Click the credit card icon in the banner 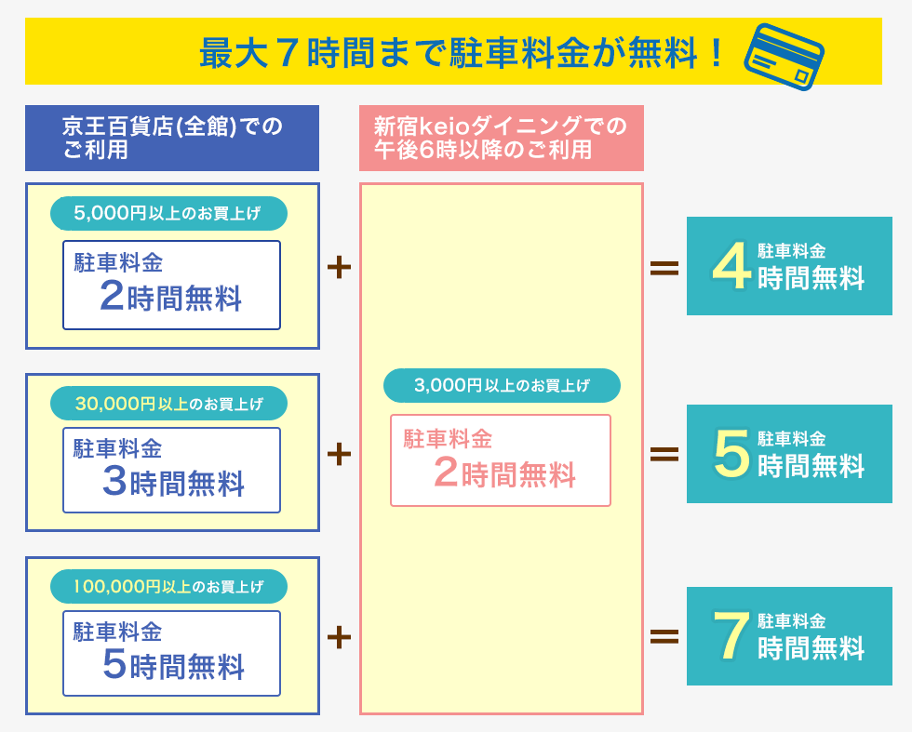784,57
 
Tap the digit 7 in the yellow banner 288,53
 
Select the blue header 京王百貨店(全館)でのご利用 172,138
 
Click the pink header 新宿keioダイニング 502,138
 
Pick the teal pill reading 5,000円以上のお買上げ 168,213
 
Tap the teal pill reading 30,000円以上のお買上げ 168,404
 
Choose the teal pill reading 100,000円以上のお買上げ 168,586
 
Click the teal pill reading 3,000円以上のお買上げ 502,385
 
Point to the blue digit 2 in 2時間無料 112,296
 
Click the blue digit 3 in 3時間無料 114,481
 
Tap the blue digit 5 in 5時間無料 114,664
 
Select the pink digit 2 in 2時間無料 446,472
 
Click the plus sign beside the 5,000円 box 339,268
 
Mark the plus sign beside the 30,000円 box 339,454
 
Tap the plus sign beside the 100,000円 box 339,637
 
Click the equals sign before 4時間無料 664,268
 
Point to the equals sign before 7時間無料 664,636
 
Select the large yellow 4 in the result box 731,266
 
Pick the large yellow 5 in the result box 732,454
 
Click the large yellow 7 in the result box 731,635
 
